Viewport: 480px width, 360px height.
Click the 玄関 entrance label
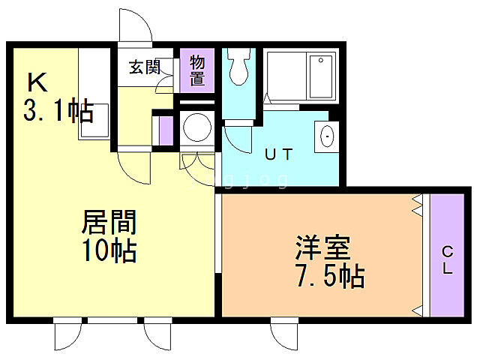[x=144, y=66]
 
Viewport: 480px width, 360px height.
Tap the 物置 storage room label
[x=198, y=68]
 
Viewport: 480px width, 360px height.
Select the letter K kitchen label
[x=37, y=80]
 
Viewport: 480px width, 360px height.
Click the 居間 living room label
[x=109, y=222]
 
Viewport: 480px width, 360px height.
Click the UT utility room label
[x=277, y=154]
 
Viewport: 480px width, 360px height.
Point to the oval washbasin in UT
[x=327, y=136]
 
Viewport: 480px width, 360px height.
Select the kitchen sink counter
[x=94, y=94]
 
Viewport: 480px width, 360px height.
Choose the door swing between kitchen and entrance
[x=136, y=166]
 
